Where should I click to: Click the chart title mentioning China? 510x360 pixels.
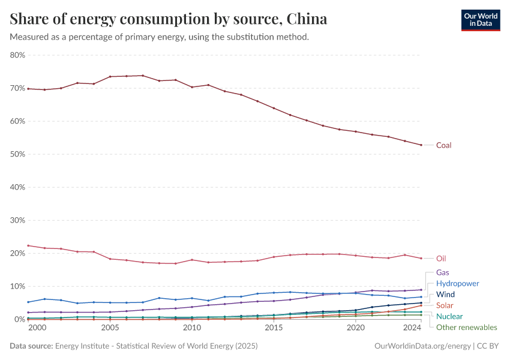[169, 19]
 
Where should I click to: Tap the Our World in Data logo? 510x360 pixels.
[480, 20]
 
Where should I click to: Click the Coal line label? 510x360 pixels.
[443, 145]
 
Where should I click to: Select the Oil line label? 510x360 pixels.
[441, 259]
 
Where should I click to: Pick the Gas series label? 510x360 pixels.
[443, 272]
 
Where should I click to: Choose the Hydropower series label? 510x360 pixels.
[457, 283]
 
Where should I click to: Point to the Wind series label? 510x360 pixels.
[445, 295]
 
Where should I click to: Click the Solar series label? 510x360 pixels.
[445, 305]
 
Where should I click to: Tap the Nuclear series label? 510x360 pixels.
[449, 316]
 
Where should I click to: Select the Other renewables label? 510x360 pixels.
[466, 328]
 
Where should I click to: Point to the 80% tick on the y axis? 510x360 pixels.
[17, 55]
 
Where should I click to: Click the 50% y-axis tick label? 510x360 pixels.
[17, 154]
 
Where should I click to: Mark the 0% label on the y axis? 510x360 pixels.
[19, 319]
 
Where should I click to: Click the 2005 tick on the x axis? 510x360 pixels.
[110, 328]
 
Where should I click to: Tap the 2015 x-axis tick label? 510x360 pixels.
[274, 328]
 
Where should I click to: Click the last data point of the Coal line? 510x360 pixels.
[421, 145]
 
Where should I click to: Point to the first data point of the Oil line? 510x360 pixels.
[28, 245]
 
